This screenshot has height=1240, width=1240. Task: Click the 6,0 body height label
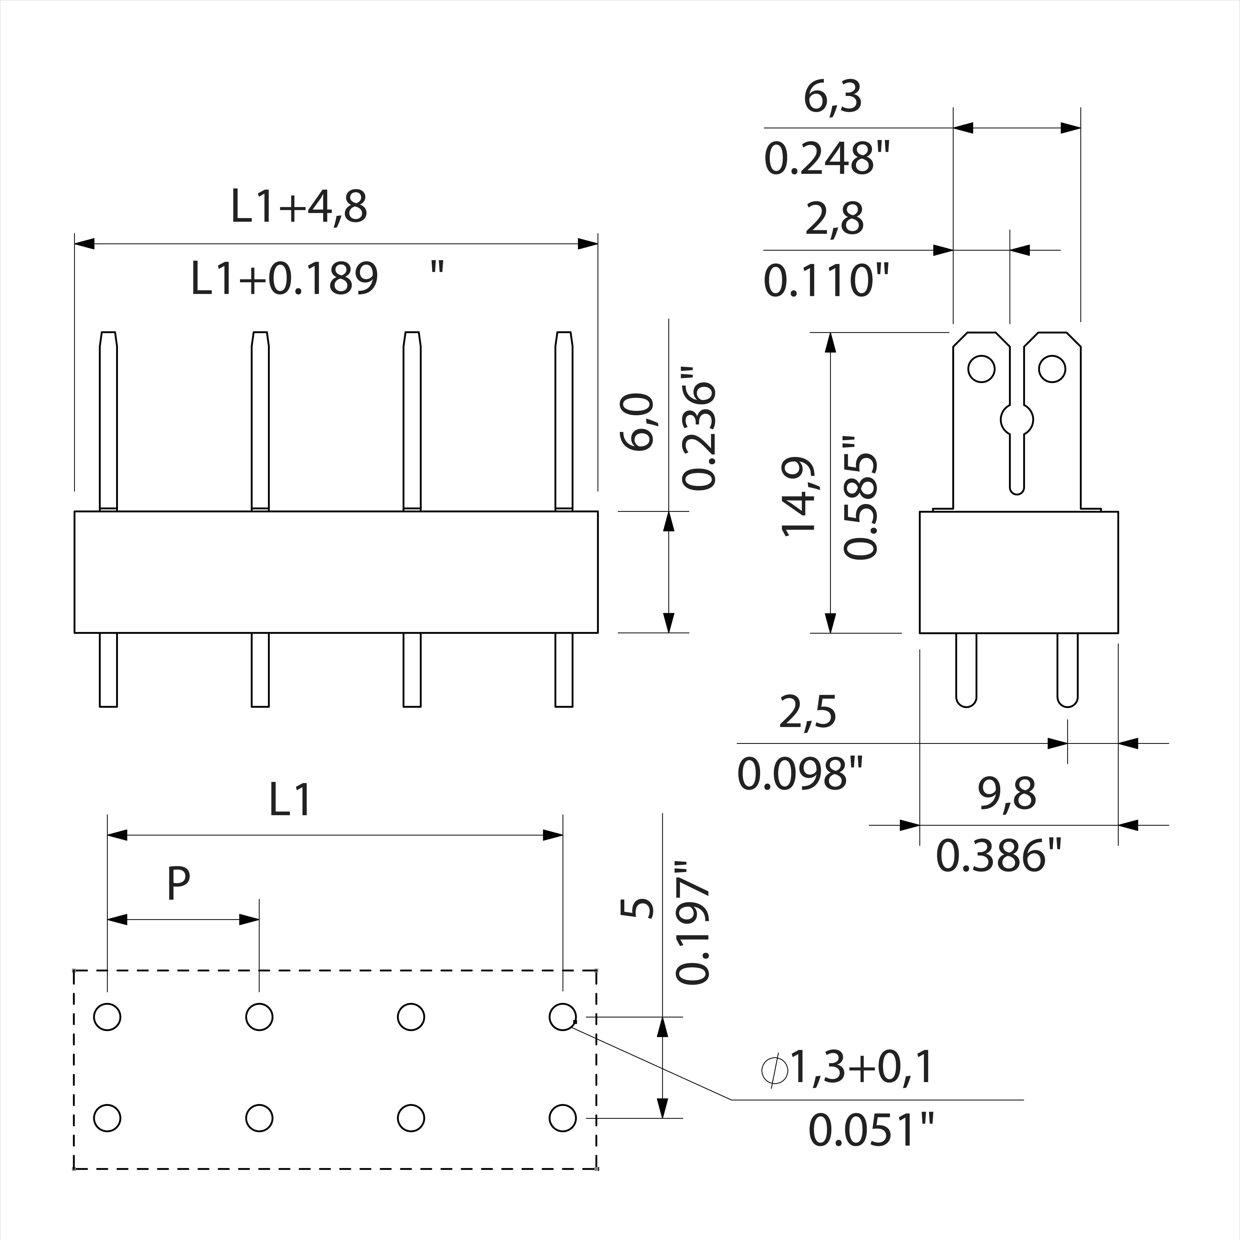(x=637, y=422)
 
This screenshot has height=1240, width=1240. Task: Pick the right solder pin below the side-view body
(x=1067, y=669)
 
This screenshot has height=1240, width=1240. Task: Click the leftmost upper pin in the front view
(x=109, y=420)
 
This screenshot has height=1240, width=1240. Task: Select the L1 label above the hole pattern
(x=290, y=800)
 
